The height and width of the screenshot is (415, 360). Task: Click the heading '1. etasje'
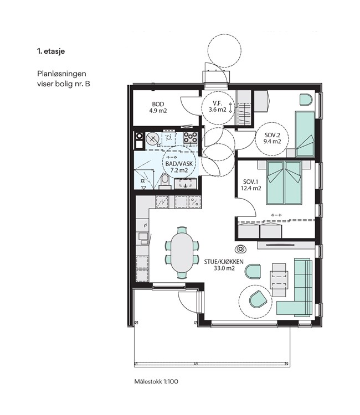point(51,51)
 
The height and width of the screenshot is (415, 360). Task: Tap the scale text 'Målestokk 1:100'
point(156,381)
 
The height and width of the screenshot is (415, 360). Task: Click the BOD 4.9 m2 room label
point(158,107)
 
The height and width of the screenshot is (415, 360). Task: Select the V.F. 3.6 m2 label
point(218,106)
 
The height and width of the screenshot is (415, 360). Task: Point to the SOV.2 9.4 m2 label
point(272,138)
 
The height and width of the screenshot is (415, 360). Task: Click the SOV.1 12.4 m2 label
point(251,185)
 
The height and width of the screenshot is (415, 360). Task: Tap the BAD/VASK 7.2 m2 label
point(179,167)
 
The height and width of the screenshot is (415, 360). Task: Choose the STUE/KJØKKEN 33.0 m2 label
point(224,265)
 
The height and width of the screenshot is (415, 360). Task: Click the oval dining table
point(182,252)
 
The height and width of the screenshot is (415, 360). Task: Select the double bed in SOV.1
point(284,182)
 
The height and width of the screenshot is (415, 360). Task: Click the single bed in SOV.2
point(305,134)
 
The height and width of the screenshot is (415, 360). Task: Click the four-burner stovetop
point(191,138)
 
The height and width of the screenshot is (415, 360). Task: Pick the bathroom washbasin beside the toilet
point(186,183)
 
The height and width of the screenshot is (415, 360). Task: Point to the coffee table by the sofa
point(279,280)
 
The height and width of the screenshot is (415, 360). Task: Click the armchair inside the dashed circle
point(258,299)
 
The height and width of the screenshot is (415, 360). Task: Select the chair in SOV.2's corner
point(306,100)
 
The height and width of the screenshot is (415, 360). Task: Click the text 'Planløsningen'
point(61,74)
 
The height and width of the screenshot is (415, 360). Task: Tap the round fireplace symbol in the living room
point(240,249)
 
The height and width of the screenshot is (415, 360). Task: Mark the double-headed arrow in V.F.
point(230,108)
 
